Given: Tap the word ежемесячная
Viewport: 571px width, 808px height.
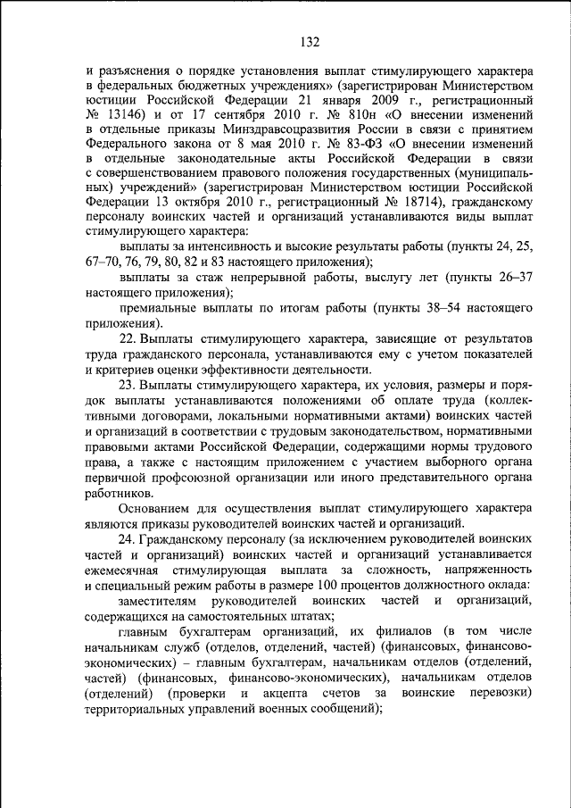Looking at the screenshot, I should pyautogui.click(x=128, y=570).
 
